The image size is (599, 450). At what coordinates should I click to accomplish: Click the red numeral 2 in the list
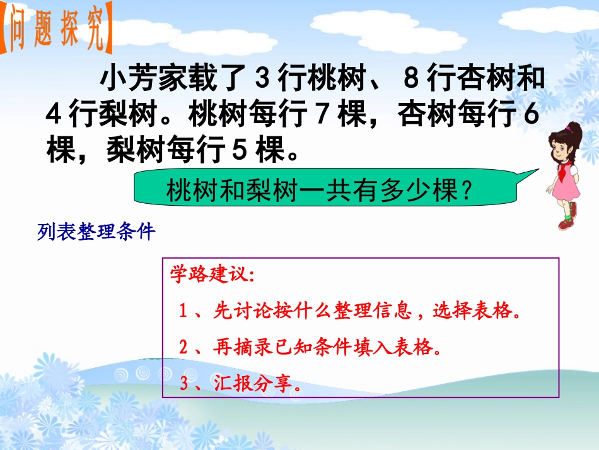pyautogui.click(x=183, y=348)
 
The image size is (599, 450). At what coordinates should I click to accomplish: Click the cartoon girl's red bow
pyautogui.click(x=571, y=129)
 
